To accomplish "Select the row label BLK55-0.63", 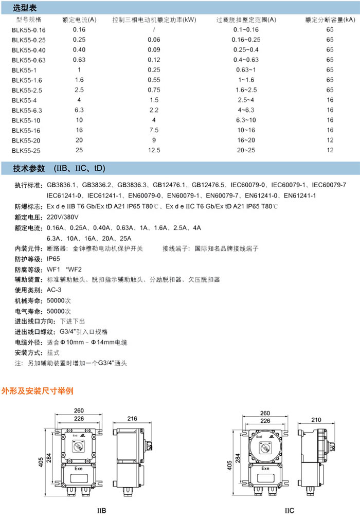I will (x=28, y=60).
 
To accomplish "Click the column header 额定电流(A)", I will (x=79, y=20).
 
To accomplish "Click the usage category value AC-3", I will (x=55, y=290).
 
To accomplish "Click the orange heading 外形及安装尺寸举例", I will (x=38, y=391).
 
